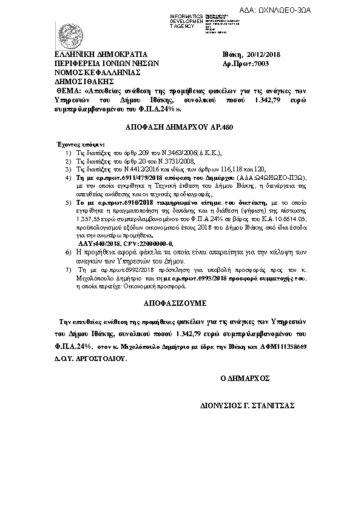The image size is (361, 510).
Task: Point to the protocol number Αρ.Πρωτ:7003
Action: pos(245,63)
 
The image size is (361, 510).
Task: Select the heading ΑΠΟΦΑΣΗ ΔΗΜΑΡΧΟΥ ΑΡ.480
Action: pos(178,128)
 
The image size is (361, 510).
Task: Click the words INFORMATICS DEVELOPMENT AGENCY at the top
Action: pos(169,20)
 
